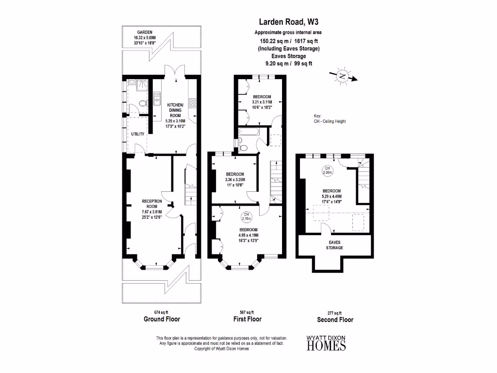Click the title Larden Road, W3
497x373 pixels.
(288, 22)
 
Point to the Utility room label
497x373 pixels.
(137, 134)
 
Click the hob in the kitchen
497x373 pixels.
(192, 102)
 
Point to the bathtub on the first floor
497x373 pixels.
(249, 131)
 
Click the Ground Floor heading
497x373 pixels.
(162, 319)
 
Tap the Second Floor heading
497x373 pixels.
(335, 320)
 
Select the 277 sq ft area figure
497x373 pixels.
(334, 313)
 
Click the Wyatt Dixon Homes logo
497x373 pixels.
(326, 343)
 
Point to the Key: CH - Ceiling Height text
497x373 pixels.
(330, 119)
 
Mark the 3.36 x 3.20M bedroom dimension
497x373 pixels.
(235, 180)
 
